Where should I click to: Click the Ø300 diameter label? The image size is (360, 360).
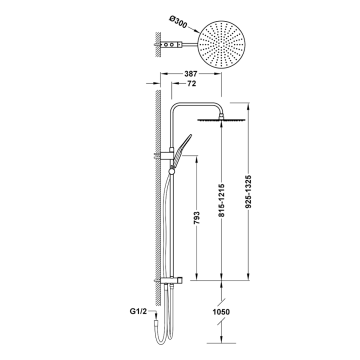coord(178,22)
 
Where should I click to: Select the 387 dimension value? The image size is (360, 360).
coord(191,73)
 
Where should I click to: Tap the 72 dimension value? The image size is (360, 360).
coord(191,83)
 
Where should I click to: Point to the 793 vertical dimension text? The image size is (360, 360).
coord(197,217)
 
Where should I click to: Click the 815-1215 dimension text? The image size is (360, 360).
coord(221,199)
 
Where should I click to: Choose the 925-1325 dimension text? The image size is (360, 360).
coord(248,191)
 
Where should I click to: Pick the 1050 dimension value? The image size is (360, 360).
coord(221,312)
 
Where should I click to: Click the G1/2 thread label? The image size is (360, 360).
coord(138,311)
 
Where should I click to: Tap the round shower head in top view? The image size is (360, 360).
coord(221,44)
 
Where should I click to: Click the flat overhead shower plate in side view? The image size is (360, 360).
coord(221,120)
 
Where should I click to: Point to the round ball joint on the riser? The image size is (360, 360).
coord(171,171)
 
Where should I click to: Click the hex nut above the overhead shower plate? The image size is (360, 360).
coord(221,115)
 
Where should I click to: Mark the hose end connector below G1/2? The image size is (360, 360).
coord(156,323)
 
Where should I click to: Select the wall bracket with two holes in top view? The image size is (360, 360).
coord(171,44)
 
